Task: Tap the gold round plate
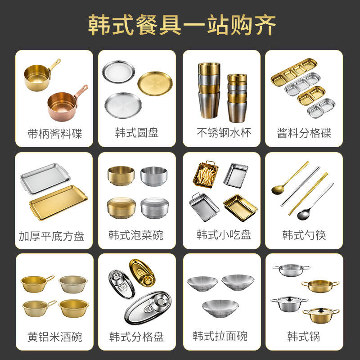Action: tap(155, 84)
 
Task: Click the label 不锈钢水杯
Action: tap(224, 133)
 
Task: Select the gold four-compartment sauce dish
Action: tap(294, 72)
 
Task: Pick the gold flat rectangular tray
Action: tap(58, 202)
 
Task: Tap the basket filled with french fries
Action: tap(206, 174)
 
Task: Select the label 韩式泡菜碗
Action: tap(136, 235)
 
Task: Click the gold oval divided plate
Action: tap(142, 273)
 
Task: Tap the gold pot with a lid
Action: tap(321, 315)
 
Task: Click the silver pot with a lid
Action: tap(289, 303)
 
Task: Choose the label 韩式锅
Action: tap(303, 336)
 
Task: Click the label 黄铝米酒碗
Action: tap(54, 337)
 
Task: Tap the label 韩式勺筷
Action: tap(304, 235)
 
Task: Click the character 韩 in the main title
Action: tap(100, 25)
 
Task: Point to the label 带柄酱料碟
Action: tap(54, 134)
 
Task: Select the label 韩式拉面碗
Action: tap(220, 336)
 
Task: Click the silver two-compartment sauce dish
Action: tap(321, 108)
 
